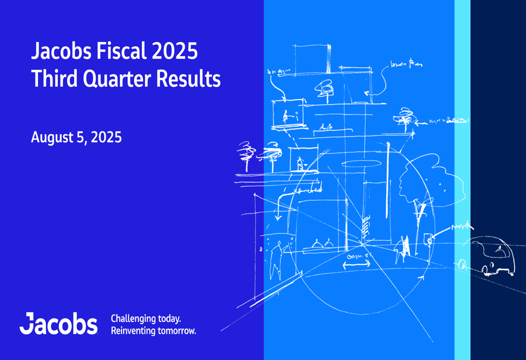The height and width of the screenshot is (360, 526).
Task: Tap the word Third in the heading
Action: pos(52,79)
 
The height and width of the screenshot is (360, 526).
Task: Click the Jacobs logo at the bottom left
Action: pos(58,324)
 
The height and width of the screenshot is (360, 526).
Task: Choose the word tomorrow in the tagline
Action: pos(177,331)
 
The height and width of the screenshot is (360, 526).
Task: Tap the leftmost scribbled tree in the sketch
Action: pos(245,155)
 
